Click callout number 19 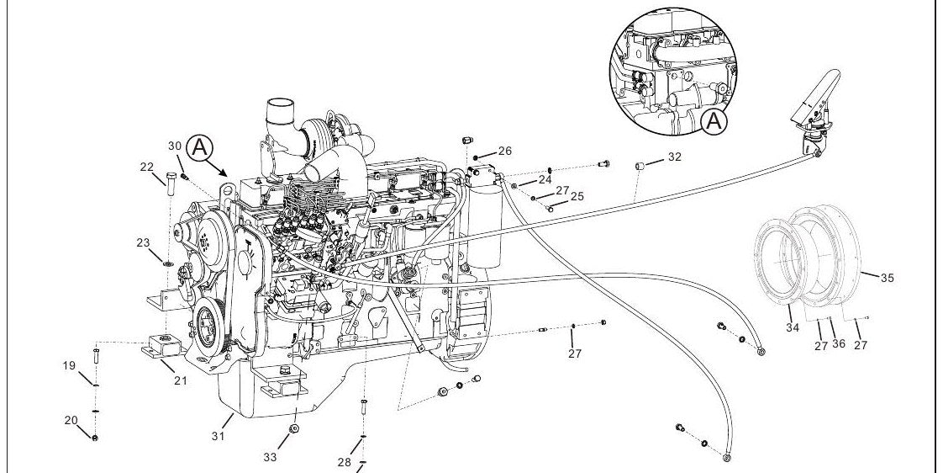(x=69, y=365)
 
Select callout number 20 (x=71, y=420)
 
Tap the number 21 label (x=181, y=380)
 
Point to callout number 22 (x=147, y=167)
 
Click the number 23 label (x=143, y=243)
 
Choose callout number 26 (x=504, y=151)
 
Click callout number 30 (x=175, y=146)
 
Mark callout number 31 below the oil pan (x=218, y=436)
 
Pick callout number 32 (x=675, y=157)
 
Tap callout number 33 (x=270, y=457)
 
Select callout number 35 (x=887, y=278)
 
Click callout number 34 (x=793, y=327)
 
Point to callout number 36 (x=838, y=344)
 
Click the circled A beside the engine (x=200, y=147)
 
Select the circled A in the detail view (x=714, y=121)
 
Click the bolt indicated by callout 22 (x=169, y=183)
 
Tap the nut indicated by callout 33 (x=294, y=429)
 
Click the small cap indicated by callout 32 (x=640, y=164)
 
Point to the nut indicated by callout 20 (x=95, y=438)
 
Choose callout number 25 (x=577, y=196)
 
